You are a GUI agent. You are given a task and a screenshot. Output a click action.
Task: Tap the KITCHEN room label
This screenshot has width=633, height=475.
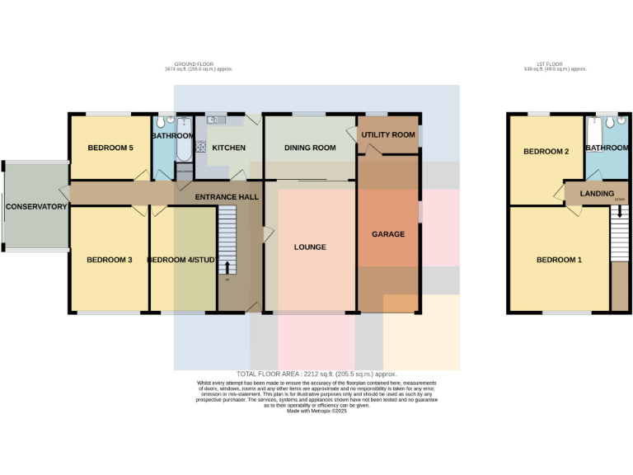[228, 148]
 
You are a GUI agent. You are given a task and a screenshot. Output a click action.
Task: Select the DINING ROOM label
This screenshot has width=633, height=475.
[310, 148]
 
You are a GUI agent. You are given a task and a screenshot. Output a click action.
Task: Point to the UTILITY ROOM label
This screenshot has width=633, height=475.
[387, 134]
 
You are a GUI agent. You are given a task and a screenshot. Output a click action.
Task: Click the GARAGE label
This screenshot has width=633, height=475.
[388, 234]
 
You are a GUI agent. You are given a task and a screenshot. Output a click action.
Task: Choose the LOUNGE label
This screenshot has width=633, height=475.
[310, 247]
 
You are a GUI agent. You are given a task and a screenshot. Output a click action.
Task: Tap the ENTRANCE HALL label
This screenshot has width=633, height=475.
[227, 197]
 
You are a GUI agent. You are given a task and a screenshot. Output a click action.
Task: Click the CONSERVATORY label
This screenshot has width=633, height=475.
[36, 206]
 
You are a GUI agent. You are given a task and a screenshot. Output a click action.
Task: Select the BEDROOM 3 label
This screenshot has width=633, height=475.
[110, 260]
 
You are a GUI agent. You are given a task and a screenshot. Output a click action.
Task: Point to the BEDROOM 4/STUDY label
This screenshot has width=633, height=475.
[182, 260]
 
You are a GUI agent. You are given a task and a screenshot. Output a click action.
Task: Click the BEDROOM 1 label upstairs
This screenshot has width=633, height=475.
[559, 260]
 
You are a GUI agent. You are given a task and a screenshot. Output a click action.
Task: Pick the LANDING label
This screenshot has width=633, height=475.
[597, 194]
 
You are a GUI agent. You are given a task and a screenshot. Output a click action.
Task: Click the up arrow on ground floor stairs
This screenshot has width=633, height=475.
[227, 266]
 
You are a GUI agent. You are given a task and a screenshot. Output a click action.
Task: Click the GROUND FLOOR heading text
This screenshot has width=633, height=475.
[198, 65]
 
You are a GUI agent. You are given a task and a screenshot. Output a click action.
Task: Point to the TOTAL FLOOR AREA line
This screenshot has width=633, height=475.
[316, 374]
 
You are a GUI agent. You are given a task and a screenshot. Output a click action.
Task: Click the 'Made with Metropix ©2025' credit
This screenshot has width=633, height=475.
[316, 411]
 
